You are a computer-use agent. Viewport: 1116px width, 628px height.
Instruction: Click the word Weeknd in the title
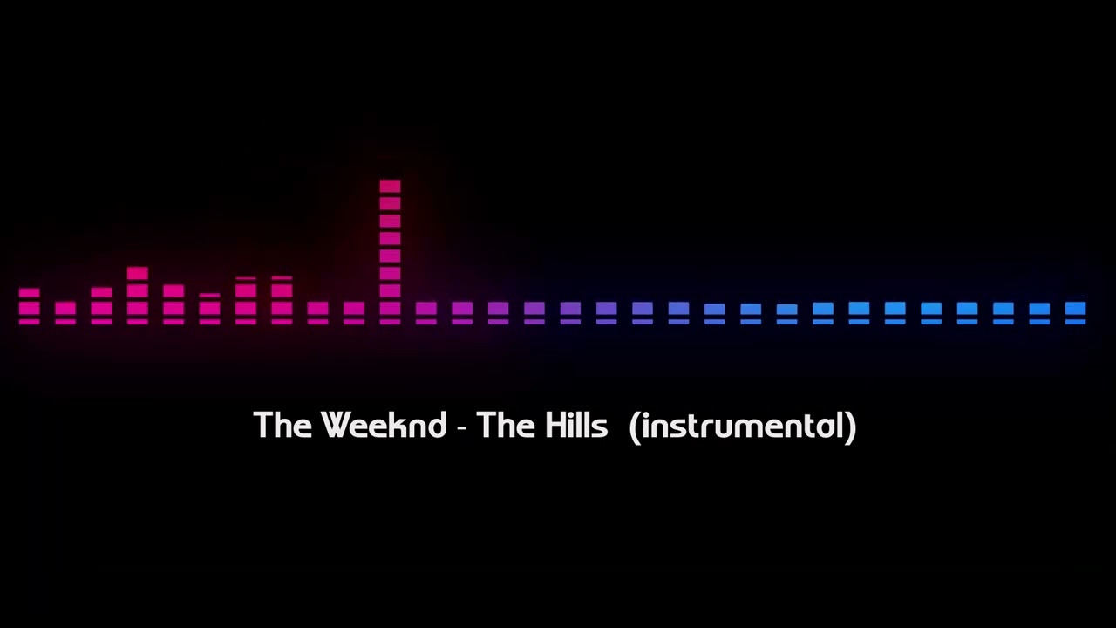click(x=384, y=426)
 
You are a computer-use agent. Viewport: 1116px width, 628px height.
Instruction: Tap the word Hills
click(x=576, y=426)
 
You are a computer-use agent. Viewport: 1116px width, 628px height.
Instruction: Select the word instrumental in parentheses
click(x=743, y=426)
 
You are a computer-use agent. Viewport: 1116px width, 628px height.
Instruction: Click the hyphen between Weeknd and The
click(x=462, y=427)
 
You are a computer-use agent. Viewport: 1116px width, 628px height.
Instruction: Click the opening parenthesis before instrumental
click(x=634, y=427)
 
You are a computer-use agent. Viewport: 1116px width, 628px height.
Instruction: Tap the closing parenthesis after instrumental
click(x=851, y=427)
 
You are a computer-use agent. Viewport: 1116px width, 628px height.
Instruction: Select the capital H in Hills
click(x=555, y=426)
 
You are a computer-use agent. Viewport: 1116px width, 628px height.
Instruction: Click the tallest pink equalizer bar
click(x=390, y=253)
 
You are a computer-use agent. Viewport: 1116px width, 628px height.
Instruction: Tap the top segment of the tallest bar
click(x=390, y=186)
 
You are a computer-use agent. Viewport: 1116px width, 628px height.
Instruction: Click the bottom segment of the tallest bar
click(x=390, y=322)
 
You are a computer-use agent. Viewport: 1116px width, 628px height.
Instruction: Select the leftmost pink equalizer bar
click(x=29, y=306)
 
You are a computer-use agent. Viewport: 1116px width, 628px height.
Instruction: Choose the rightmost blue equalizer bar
click(x=1075, y=311)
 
